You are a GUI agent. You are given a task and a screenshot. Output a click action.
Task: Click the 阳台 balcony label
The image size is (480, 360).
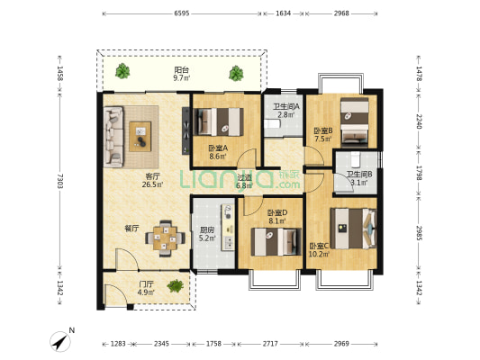pos(182,70)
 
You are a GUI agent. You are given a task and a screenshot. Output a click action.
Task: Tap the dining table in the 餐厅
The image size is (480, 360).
pos(165,238)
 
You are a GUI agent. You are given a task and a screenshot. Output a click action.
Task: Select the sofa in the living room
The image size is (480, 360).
pos(113,137)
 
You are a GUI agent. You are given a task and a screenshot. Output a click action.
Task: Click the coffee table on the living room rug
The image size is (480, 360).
pos(140,137)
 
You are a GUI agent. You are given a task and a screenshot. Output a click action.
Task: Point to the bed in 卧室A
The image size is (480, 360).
pos(219,121)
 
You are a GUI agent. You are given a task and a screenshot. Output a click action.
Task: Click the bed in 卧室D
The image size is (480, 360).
pos(276,241)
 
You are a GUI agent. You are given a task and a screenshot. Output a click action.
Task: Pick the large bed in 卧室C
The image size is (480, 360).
pos(353,229)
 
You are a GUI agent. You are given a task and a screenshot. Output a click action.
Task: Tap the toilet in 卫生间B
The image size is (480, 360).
pos(356,159)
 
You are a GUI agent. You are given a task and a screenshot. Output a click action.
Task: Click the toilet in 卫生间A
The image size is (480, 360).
pos(273,124)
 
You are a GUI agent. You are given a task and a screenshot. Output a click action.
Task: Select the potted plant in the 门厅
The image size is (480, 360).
pos(176,286)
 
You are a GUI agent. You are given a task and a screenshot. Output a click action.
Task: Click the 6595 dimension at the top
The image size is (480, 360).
pos(182,13)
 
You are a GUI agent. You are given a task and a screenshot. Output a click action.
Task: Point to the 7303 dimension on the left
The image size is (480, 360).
pos(60,181)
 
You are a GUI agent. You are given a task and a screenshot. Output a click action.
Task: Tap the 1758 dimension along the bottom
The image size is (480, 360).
pos(213,344)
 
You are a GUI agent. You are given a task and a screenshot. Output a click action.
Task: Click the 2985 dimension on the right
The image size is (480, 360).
pos(419,233)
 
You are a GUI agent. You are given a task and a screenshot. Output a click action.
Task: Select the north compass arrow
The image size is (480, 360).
pos(60,342)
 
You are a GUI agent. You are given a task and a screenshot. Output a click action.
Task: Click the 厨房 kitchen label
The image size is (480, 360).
pos(207,230)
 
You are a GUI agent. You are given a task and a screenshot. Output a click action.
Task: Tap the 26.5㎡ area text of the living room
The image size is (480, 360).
pos(152,184)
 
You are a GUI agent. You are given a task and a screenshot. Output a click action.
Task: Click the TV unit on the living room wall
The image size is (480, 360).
pos(186,130)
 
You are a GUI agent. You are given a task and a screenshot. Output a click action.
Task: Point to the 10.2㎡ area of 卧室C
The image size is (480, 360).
pos(319,254)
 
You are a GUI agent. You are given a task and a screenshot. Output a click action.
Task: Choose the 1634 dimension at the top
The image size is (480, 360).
pos(283,13)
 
